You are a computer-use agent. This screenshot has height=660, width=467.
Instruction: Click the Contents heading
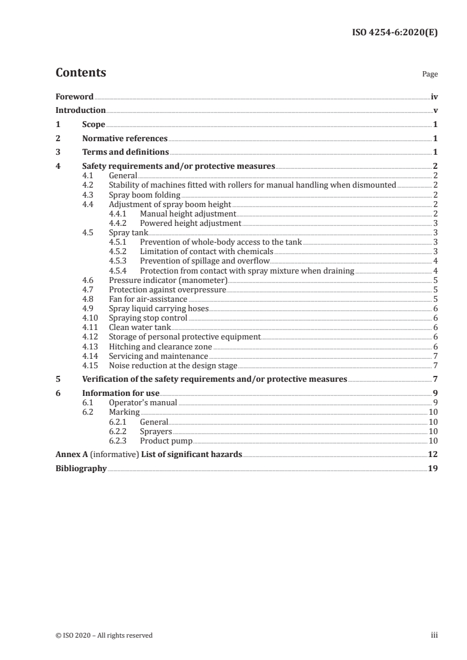pos(81,73)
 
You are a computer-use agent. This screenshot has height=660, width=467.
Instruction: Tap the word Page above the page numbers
pos(430,75)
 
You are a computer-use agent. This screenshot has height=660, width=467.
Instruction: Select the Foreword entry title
pos(74,96)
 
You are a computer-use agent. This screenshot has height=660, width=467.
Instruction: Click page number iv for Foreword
pos(434,96)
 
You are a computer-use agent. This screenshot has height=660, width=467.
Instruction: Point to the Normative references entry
pos(125,139)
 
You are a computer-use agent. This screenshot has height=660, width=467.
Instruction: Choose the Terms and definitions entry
pos(125,152)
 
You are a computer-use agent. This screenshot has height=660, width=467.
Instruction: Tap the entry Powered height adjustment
pos(190,223)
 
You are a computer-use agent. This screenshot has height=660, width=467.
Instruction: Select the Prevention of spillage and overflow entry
pos(204,261)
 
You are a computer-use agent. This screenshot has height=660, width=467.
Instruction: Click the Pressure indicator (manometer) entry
pos(168,280)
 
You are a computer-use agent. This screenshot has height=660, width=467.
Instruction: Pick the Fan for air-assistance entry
pos(148,299)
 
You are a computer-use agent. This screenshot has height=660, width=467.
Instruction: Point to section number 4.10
pos(90,318)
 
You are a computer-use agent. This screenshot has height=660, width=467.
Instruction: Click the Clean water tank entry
pos(140,327)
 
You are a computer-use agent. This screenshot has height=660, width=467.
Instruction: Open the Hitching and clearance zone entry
pos(156,346)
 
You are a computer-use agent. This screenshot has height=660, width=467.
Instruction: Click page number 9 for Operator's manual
pos(435,403)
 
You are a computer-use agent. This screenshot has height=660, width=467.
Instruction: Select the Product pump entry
pos(166,441)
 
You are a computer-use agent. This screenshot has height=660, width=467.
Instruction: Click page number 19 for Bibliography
pos(433,469)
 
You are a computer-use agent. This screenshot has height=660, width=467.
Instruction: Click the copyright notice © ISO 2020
pos(104,635)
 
